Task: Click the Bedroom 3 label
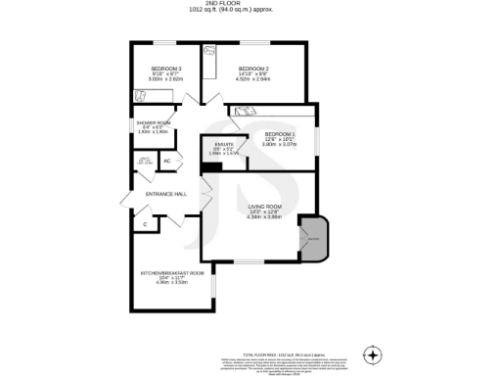click(x=166, y=69)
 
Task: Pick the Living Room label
click(x=264, y=207)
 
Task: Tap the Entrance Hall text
click(x=165, y=194)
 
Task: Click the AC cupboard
click(x=167, y=161)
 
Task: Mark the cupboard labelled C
click(x=145, y=224)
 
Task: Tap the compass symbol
click(x=371, y=353)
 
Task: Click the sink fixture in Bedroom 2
click(x=209, y=52)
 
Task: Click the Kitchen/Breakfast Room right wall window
click(x=213, y=286)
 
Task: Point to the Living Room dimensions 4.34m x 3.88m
click(x=264, y=217)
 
